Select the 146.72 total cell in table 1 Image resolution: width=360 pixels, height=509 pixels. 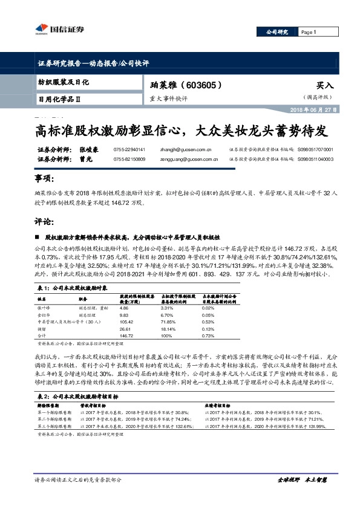click(x=128, y=335)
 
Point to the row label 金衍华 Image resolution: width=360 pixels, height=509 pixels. click(x=44, y=315)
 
